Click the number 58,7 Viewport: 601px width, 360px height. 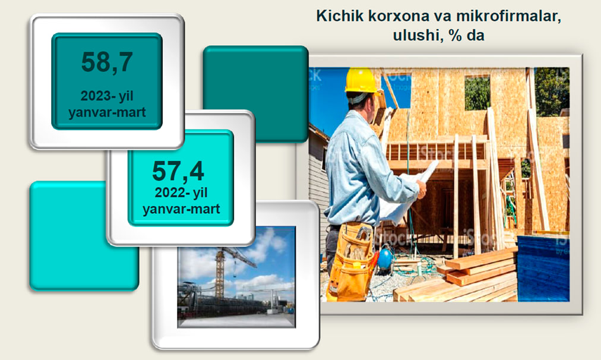click(107, 62)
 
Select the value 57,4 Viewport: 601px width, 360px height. click(178, 171)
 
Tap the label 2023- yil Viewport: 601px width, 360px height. click(107, 96)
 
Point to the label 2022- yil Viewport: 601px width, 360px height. click(181, 192)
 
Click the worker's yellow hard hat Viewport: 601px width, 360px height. click(361, 81)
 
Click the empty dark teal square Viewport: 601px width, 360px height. click(255, 94)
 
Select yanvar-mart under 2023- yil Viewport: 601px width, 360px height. click(107, 113)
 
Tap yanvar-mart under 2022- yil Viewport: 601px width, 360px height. click(181, 209)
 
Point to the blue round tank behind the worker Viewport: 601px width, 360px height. click(384, 258)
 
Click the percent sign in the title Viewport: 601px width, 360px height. click(454, 35)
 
